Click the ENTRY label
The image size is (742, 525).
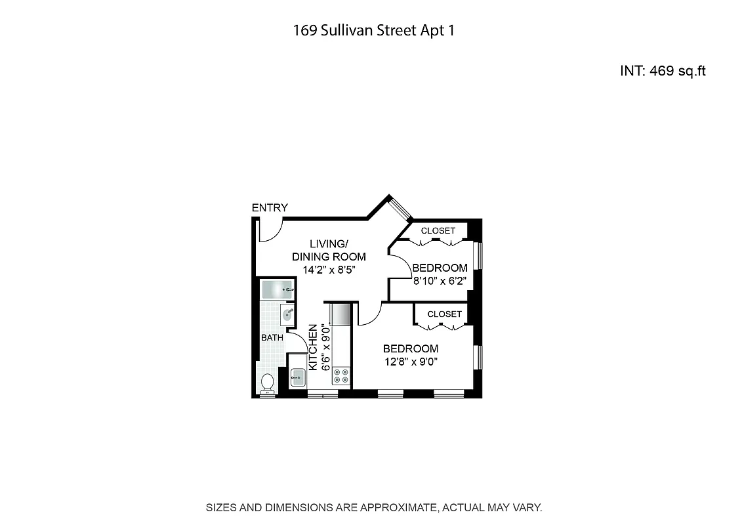pyautogui.click(x=270, y=208)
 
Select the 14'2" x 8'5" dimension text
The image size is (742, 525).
pyautogui.click(x=328, y=268)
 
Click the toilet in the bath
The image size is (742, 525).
pyautogui.click(x=267, y=382)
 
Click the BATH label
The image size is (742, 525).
pyautogui.click(x=272, y=338)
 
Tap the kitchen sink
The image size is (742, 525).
pyautogui.click(x=298, y=378)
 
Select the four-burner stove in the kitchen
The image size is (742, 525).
pyautogui.click(x=340, y=375)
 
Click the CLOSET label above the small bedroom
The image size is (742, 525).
pyautogui.click(x=438, y=231)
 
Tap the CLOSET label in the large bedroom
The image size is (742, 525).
pyautogui.click(x=444, y=314)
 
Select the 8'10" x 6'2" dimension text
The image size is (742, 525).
pyautogui.click(x=439, y=280)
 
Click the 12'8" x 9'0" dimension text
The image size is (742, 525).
pyautogui.click(x=411, y=361)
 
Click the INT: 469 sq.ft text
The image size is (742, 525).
pyautogui.click(x=662, y=71)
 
